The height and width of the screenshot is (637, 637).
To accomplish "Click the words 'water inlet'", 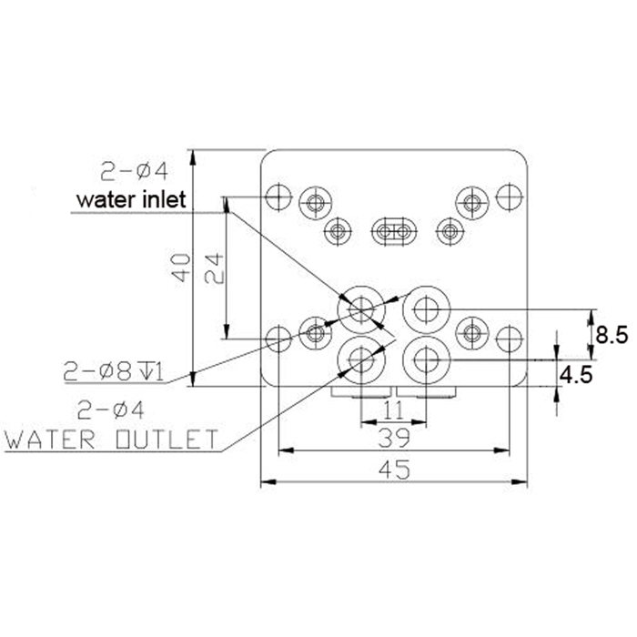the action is click(x=131, y=199).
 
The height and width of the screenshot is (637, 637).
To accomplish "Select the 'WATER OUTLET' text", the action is click(x=111, y=439).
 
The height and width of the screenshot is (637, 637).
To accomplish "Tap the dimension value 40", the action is click(x=180, y=268).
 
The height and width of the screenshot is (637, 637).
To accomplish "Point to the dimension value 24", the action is click(x=214, y=268).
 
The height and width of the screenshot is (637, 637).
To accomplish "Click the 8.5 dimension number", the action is click(x=612, y=336).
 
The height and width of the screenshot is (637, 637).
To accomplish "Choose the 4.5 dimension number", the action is click(x=576, y=375).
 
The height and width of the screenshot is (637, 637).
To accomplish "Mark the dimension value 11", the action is click(x=393, y=410).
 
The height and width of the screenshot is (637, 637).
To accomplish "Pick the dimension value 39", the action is click(x=394, y=438).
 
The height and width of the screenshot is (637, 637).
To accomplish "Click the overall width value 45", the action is click(x=394, y=470).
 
